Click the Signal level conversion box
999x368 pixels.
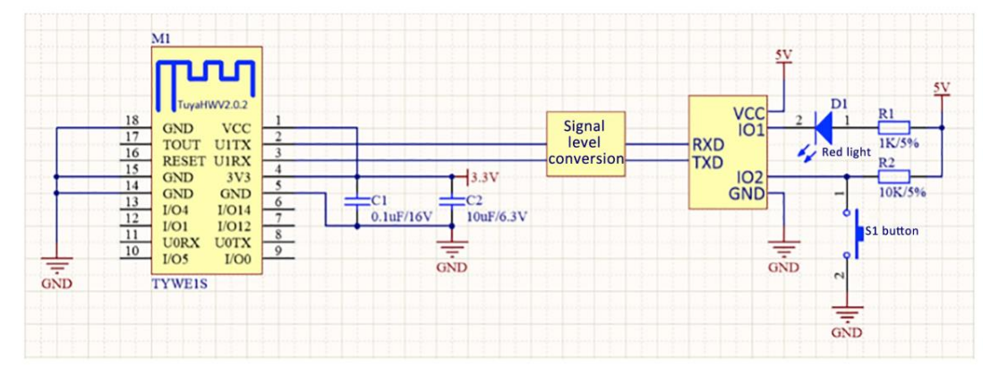pos(585,143)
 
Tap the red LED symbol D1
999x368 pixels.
pos(822,129)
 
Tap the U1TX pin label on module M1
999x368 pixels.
pos(234,144)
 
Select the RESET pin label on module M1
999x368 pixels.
pos(182,160)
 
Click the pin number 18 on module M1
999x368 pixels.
pos(132,120)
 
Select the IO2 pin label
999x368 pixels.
pos(748,177)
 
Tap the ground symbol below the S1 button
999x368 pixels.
pos(846,315)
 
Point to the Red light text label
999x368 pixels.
pos(846,153)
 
